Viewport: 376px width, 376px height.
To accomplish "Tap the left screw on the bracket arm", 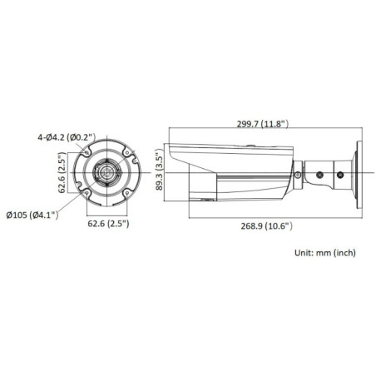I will [x=320, y=176].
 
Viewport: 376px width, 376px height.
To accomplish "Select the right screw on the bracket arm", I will [x=339, y=176].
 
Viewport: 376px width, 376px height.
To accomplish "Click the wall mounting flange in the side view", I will [x=359, y=175].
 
